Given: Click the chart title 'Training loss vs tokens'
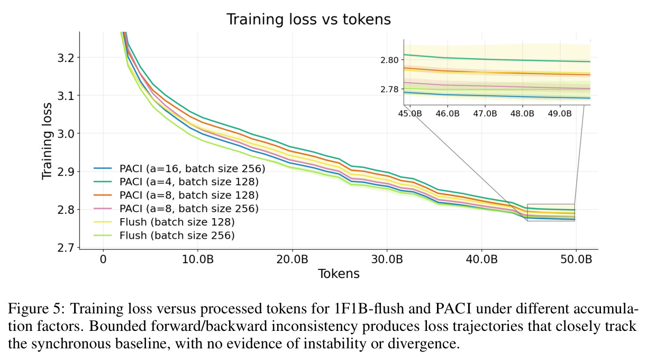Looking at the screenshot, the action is (308, 20).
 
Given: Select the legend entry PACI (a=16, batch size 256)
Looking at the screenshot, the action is (179, 168).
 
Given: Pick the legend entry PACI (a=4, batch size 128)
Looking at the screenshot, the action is (176, 182).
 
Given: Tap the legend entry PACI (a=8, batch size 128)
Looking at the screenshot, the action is (176, 195).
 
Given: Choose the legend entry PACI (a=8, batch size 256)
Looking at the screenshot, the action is (176, 209).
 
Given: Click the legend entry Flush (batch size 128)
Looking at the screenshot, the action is (164, 222).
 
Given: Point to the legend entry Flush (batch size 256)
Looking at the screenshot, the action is (164, 236).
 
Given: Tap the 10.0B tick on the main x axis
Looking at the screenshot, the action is (198, 259).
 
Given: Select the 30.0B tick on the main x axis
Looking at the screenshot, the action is (387, 259).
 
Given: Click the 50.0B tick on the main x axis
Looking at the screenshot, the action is (576, 259).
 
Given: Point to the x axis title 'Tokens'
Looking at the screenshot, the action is (339, 274).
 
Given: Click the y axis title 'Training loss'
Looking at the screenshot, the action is (47, 141).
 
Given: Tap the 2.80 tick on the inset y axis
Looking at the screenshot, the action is (389, 60).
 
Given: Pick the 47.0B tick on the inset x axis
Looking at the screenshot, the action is (485, 114).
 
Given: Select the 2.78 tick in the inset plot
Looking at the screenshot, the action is (389, 89).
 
